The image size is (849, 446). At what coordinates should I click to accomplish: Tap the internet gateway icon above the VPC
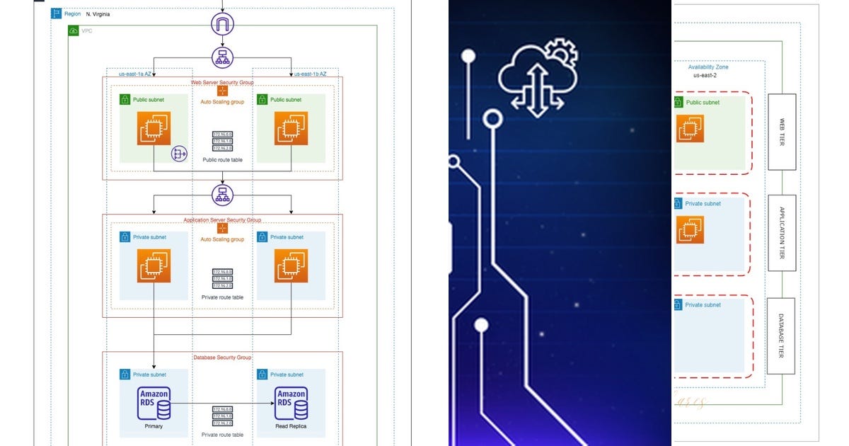223,27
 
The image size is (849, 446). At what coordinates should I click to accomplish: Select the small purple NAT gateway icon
179,154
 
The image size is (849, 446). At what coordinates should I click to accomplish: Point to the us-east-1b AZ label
311,74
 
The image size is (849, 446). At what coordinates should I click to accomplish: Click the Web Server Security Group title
222,82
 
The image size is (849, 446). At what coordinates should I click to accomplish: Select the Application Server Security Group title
222,220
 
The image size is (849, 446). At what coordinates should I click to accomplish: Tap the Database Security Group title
222,358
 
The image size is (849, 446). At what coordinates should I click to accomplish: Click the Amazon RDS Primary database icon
154,404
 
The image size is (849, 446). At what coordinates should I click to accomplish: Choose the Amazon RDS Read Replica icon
291,404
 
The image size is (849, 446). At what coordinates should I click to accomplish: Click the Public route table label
223,160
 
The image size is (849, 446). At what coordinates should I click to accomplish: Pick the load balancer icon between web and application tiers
223,194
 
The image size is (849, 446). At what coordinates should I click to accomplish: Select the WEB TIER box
781,132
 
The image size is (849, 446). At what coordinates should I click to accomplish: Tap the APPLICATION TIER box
781,233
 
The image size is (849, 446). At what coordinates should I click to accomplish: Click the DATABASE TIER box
781,336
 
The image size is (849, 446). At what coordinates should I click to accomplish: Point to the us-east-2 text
705,75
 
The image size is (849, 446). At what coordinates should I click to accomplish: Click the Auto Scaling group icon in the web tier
222,91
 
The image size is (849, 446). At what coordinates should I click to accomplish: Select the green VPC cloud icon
74,30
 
